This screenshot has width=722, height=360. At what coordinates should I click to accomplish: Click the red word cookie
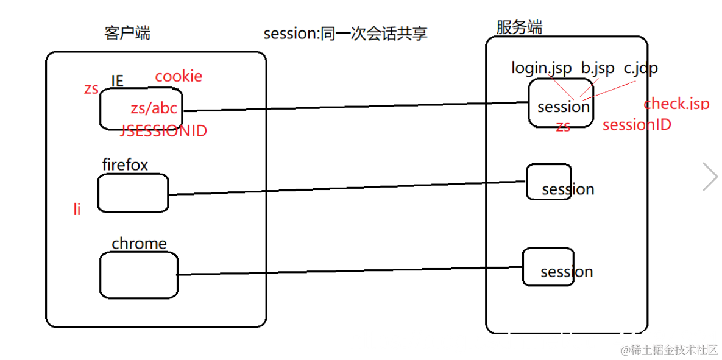coord(179,76)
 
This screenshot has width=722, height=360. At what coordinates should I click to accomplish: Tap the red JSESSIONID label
coord(164,131)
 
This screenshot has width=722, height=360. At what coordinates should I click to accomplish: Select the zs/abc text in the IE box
coord(154,108)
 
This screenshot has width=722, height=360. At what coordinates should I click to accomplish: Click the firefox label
coord(125,165)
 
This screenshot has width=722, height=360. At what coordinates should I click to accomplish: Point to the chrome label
coord(139,244)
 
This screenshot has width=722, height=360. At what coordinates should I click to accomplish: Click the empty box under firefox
coord(133,193)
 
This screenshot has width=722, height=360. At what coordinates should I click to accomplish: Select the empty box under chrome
coord(139,275)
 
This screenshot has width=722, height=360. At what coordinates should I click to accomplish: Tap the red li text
coord(77,210)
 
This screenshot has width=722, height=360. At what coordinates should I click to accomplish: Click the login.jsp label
coord(541,68)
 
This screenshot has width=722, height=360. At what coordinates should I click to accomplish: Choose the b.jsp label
coord(598,68)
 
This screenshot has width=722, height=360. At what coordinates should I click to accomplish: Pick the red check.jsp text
coord(676,104)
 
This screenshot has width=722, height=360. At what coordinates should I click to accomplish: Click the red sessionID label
coord(637,125)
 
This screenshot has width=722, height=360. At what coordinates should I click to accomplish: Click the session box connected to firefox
coord(549,182)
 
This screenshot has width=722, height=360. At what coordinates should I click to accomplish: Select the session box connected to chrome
coord(548,266)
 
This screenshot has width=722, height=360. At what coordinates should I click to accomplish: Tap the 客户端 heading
coord(127,33)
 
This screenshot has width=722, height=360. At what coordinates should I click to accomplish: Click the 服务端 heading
coord(519,27)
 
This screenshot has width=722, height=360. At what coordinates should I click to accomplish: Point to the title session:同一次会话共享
coord(345,33)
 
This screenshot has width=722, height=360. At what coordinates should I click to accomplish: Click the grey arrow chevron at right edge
coord(710,177)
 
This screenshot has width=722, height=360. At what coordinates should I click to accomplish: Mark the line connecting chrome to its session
coord(350,271)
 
